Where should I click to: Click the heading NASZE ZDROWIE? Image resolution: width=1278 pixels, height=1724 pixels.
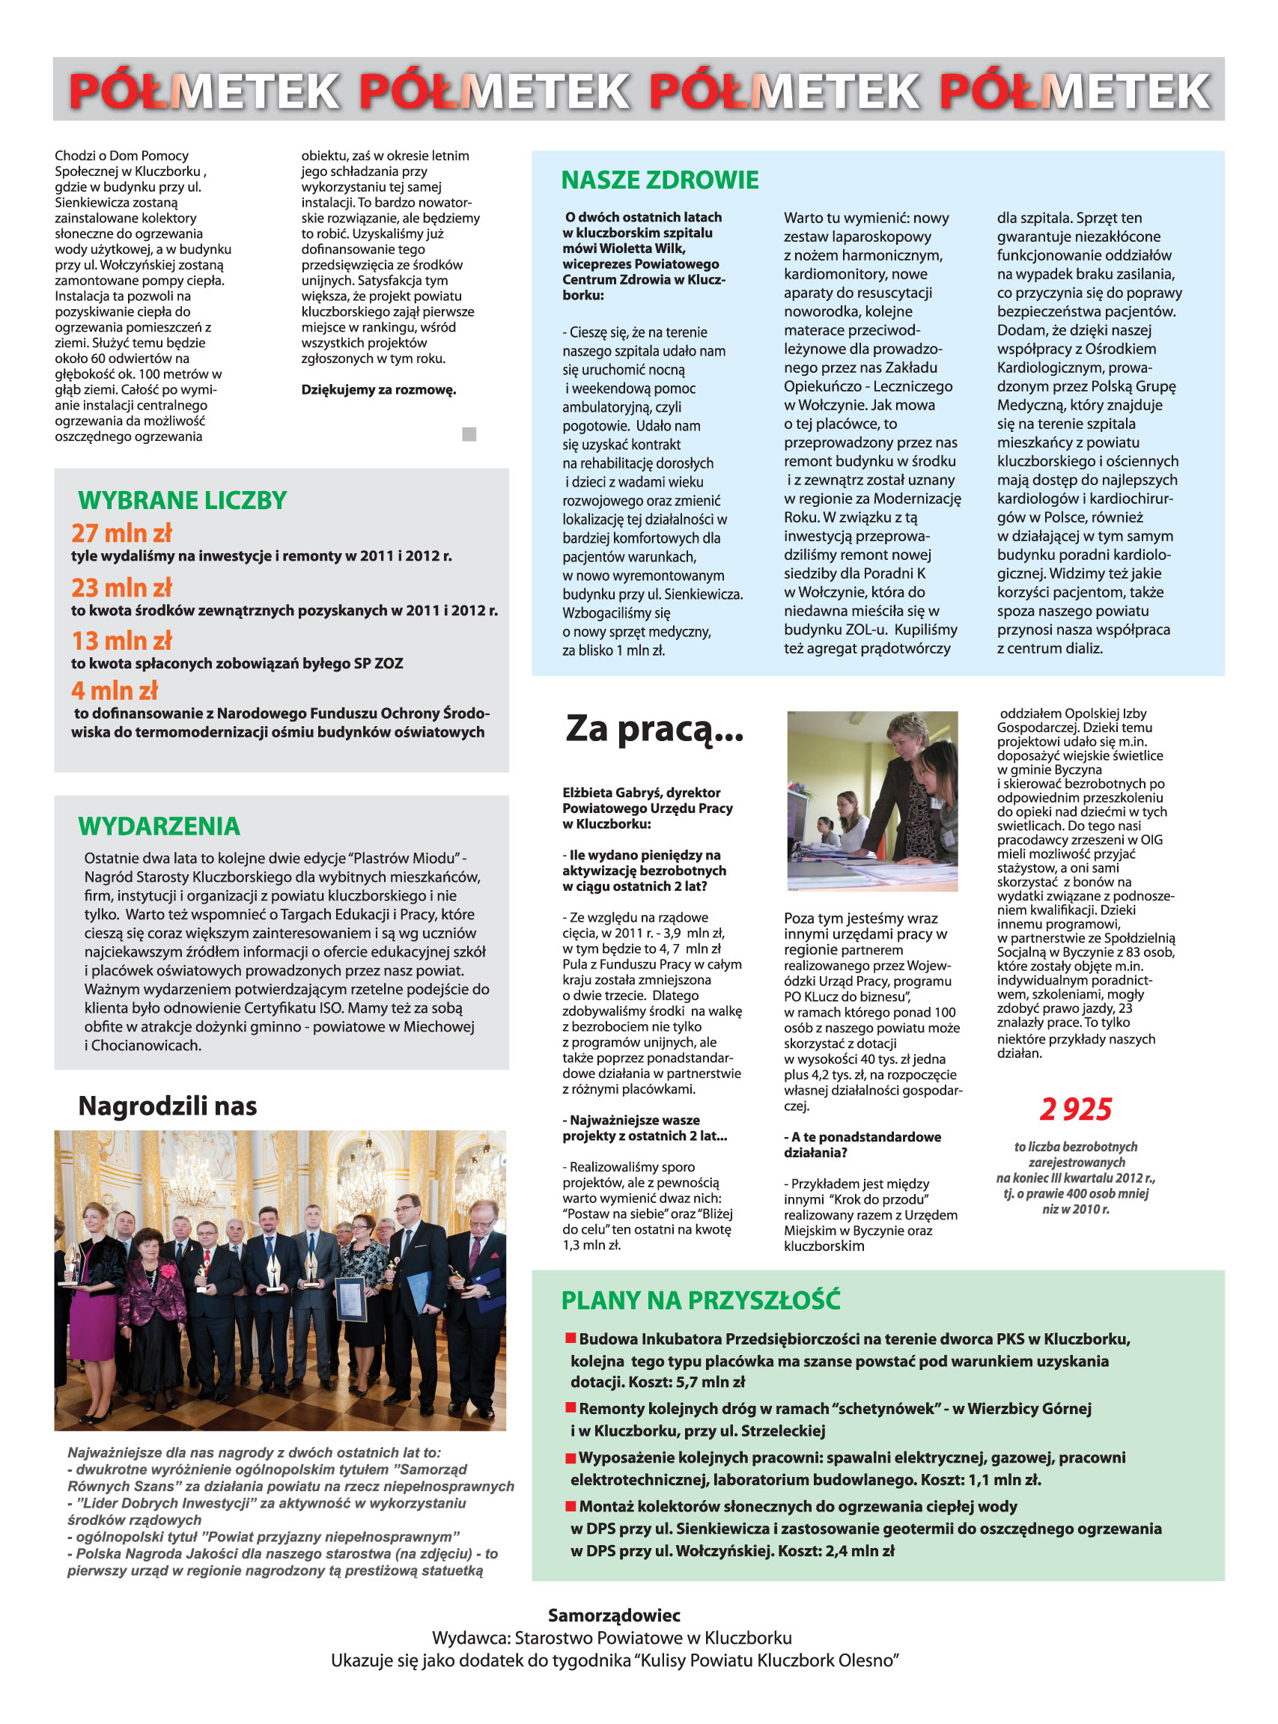pyautogui.click(x=659, y=180)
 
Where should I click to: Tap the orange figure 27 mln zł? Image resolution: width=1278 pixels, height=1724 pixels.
pyautogui.click(x=121, y=533)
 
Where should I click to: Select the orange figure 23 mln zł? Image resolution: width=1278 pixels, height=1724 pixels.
pyautogui.click(x=121, y=588)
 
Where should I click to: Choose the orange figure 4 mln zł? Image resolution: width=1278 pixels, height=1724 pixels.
pyautogui.click(x=115, y=690)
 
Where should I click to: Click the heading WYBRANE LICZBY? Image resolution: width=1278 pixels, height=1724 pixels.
pyautogui.click(x=183, y=500)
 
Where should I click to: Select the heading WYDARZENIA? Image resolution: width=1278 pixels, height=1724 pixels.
pyautogui.click(x=159, y=826)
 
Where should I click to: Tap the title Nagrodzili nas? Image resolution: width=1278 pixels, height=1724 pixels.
pyautogui.click(x=167, y=1106)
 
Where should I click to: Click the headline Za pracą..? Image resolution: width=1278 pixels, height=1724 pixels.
pyautogui.click(x=654, y=729)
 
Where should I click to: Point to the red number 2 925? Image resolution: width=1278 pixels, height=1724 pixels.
pyautogui.click(x=1075, y=1109)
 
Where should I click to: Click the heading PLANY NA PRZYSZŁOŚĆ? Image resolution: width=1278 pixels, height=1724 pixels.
pyautogui.click(x=700, y=1300)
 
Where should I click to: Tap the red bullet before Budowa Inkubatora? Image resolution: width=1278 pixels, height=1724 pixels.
pyautogui.click(x=571, y=1337)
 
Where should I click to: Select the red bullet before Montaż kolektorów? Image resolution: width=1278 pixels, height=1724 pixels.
pyautogui.click(x=571, y=1505)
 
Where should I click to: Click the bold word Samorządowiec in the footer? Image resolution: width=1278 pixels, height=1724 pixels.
pyautogui.click(x=613, y=1615)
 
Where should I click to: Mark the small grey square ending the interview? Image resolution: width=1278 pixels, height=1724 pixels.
pyautogui.click(x=469, y=434)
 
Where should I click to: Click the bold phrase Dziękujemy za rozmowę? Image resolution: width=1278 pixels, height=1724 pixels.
pyautogui.click(x=378, y=390)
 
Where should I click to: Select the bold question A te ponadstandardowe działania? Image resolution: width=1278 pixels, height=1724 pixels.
pyautogui.click(x=862, y=1145)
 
